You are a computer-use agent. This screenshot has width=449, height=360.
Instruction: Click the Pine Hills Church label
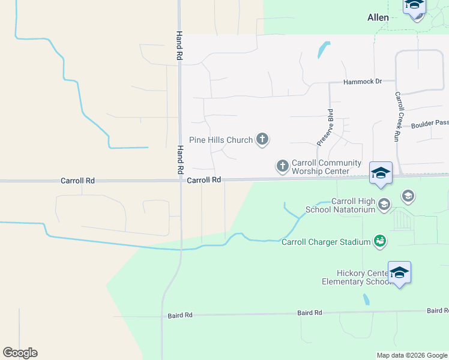[x=220, y=140]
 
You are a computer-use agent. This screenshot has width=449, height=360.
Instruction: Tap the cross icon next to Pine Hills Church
[x=262, y=140]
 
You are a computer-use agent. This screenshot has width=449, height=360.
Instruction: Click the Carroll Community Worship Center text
[x=326, y=167]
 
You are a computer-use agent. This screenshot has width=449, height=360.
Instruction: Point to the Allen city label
[x=378, y=18]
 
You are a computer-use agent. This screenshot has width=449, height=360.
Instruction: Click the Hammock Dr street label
[x=363, y=82]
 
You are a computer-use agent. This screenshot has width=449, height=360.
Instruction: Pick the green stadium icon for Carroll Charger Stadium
[x=379, y=241]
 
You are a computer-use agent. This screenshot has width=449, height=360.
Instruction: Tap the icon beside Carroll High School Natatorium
[x=384, y=205]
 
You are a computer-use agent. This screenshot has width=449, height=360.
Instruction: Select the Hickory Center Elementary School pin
[x=399, y=274]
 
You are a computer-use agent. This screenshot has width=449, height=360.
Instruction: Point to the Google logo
[x=20, y=353]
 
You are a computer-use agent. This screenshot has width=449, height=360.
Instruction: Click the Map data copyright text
[x=411, y=355]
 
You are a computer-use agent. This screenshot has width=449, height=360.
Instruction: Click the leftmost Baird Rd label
[x=180, y=315]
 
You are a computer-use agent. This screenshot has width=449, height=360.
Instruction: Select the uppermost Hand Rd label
[x=179, y=46]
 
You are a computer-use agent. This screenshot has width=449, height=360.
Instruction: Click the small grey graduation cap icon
[x=408, y=196]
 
